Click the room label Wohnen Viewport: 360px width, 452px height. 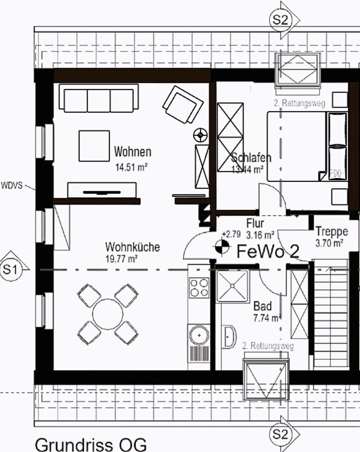point(133,152)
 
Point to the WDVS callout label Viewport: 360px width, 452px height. point(13,185)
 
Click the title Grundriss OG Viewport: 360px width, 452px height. point(90,444)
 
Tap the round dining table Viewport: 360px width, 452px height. point(108,314)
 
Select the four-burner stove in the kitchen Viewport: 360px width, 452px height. point(199,287)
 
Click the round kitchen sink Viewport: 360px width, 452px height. point(199,335)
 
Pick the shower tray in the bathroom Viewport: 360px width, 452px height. point(232,286)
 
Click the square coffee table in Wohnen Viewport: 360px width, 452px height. point(94,146)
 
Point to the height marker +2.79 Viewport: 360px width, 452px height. point(231,234)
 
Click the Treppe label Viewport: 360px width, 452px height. point(331,231)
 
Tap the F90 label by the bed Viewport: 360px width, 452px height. point(335,174)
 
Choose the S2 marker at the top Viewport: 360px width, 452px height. point(280,20)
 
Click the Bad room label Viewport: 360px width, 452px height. point(262,305)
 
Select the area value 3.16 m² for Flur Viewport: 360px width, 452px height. point(260,235)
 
